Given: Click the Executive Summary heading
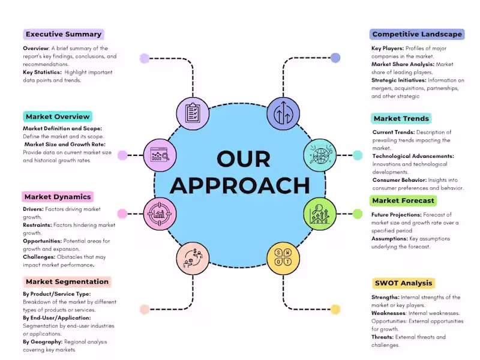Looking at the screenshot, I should coord(64,34).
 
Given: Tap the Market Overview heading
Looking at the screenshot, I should coord(58,116).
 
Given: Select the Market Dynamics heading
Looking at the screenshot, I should coord(58,197).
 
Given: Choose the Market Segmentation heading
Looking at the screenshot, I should coord(67,281).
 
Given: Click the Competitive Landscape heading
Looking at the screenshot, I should coord(417,34).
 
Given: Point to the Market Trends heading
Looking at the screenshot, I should coord(401,119).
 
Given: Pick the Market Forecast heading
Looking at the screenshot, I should coord(403,200).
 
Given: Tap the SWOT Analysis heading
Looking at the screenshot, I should coord(403,283).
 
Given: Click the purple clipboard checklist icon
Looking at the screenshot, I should coord(193,112).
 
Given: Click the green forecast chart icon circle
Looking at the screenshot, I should coord(319,213).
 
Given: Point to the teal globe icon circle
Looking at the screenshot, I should coord(319,155).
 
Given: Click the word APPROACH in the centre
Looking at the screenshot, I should coord(240,186).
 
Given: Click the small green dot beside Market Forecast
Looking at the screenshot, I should coord(358,214).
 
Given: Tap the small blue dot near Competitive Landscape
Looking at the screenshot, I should coord(335,58).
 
